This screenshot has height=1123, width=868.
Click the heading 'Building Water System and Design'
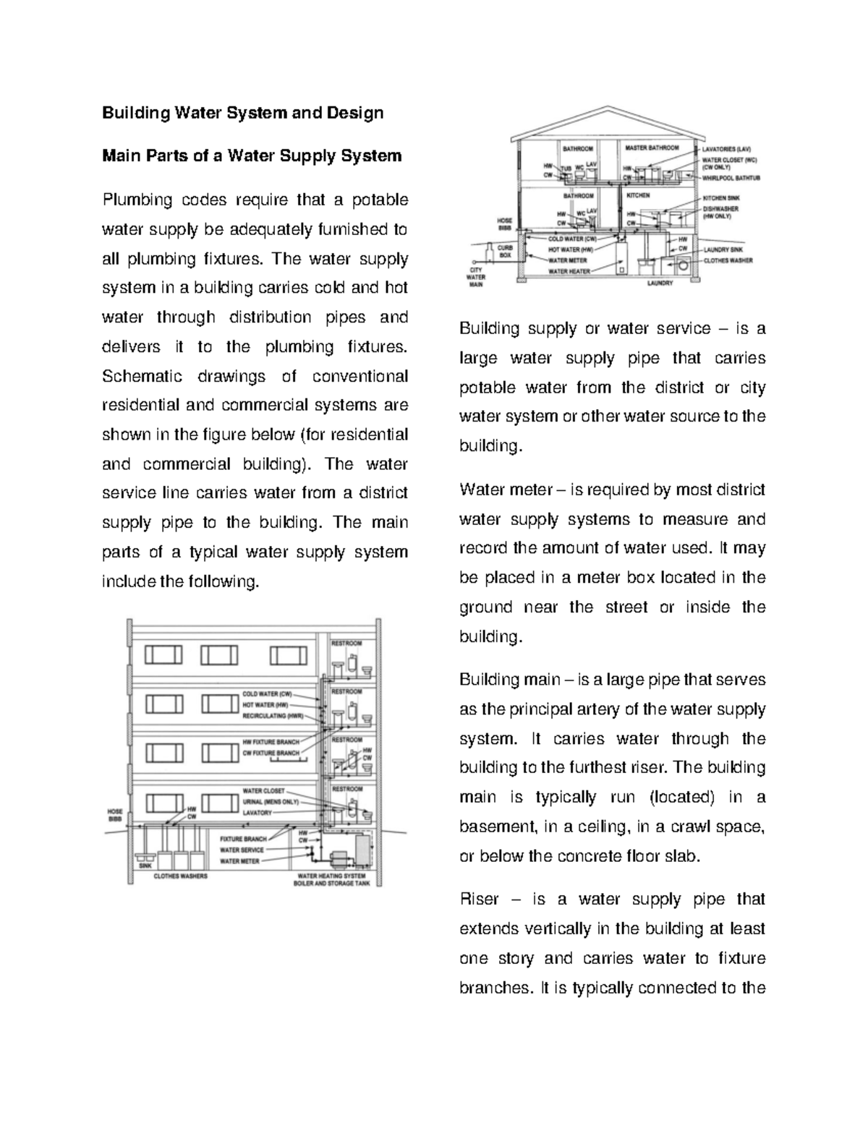pos(242,113)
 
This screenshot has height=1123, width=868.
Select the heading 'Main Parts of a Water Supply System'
pos(251,155)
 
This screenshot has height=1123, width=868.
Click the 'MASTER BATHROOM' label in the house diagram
pos(651,148)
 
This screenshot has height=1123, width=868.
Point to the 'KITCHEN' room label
pos(638,195)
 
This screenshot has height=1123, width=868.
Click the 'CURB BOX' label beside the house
pos(504,251)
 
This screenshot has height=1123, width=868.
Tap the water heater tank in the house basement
pos(621,261)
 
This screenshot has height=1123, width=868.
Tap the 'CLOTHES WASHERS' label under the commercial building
pos(180,876)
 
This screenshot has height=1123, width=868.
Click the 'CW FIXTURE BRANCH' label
pos(271,753)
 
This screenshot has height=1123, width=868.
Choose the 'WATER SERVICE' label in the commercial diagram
pos(242,850)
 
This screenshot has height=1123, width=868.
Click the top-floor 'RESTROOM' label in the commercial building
pos(346,643)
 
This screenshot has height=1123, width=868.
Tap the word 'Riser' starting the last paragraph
pos(479,900)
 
